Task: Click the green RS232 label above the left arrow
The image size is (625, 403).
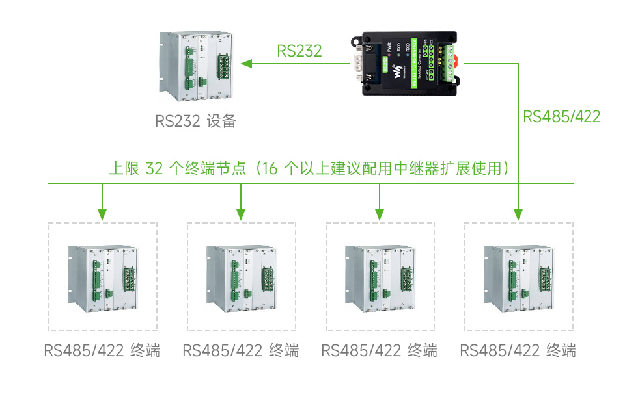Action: tap(299, 51)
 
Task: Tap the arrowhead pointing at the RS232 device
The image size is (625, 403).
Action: tap(247, 64)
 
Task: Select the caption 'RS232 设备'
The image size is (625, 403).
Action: tap(195, 121)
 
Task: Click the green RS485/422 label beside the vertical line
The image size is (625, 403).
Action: tap(562, 116)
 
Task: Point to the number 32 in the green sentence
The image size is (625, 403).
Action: tap(154, 169)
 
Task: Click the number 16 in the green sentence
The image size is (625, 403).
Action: tap(270, 169)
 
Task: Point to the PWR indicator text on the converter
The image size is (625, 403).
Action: tap(389, 47)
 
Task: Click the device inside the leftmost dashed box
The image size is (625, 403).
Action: tap(102, 276)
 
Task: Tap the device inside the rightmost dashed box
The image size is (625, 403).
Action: tap(518, 276)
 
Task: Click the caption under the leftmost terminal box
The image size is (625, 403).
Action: tap(102, 351)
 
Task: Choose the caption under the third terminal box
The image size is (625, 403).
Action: tap(380, 351)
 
